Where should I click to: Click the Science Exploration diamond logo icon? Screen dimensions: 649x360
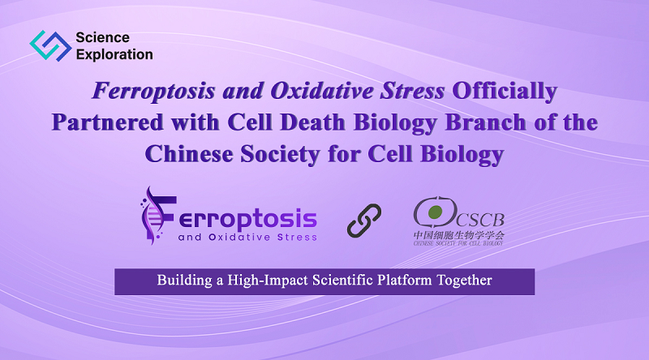(x=50, y=45)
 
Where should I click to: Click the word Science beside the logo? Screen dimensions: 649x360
(x=103, y=37)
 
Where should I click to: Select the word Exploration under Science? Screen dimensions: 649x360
(x=114, y=54)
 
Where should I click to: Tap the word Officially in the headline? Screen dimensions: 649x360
(x=505, y=91)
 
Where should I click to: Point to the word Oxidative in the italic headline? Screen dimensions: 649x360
(x=321, y=91)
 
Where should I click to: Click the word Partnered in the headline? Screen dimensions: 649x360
(x=108, y=122)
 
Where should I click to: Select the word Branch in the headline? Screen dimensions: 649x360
(x=485, y=122)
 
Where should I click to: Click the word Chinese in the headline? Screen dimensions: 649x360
(x=189, y=154)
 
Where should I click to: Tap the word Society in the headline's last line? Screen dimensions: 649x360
(x=280, y=155)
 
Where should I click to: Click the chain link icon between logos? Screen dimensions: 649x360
(x=364, y=221)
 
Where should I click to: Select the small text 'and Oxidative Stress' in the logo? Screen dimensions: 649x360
(x=247, y=238)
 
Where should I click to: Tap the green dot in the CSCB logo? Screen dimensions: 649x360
(x=435, y=212)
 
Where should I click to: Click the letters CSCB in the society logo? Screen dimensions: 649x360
(x=480, y=220)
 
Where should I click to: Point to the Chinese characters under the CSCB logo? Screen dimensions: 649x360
(x=458, y=235)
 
